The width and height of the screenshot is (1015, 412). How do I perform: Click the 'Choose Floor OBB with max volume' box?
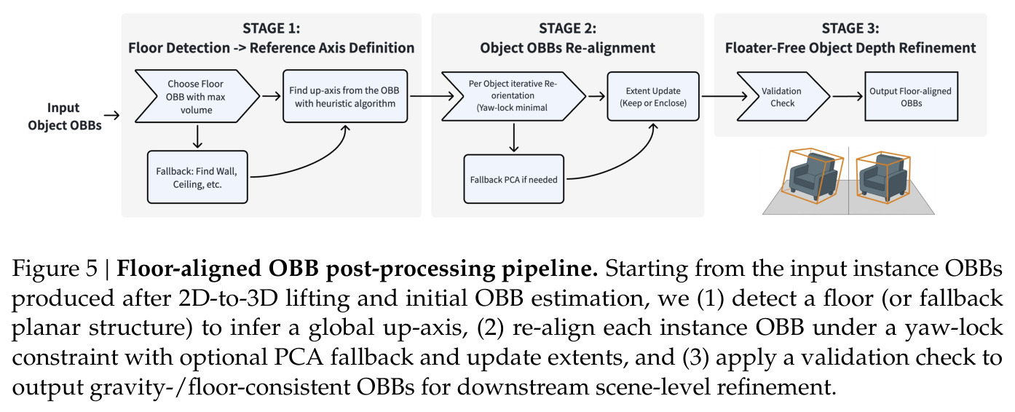pos(197,96)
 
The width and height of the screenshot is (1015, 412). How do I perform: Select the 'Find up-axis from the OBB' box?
pos(345,96)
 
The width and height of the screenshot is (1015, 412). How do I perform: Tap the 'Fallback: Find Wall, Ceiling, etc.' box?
pos(197,177)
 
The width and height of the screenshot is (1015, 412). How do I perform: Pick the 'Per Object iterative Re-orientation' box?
pos(513,96)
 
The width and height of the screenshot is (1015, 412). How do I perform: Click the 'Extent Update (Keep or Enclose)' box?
pos(653,96)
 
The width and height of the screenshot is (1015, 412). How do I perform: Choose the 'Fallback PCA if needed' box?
pos(513,179)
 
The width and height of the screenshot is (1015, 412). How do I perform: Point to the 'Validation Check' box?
pos(783,96)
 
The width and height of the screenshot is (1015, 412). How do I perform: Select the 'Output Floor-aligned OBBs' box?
pos(911,96)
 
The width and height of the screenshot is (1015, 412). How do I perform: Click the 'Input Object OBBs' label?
pos(64,116)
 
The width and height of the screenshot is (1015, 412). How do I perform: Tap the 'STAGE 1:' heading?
pos(271,28)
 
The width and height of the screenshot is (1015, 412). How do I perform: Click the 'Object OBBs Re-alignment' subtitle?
pos(567,47)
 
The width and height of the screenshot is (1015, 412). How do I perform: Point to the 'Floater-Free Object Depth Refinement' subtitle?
pos(850,47)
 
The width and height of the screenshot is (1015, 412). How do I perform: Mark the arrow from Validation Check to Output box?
pos(848,96)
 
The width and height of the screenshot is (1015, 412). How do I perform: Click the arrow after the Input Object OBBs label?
pos(111,115)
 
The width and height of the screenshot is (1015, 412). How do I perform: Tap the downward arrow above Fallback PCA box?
pos(514,138)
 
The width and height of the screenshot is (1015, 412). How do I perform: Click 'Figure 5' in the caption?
pos(55,269)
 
